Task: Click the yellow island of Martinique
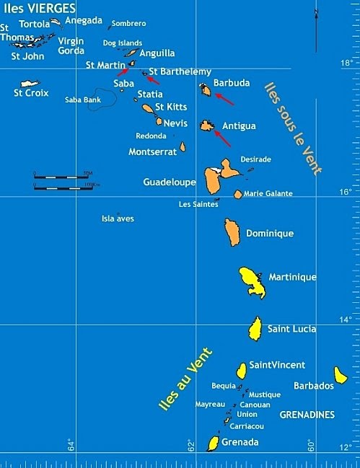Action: point(253,281)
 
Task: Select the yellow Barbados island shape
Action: point(341,374)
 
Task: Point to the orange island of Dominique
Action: point(232,231)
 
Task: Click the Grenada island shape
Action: point(214,443)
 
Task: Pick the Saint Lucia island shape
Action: point(255,330)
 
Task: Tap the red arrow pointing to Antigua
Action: point(223,138)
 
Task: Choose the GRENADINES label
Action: point(307,415)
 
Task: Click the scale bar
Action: point(61,180)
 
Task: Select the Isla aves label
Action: point(118,218)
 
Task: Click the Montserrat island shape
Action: point(183,147)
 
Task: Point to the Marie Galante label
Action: point(268,194)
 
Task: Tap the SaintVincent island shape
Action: point(242,371)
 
